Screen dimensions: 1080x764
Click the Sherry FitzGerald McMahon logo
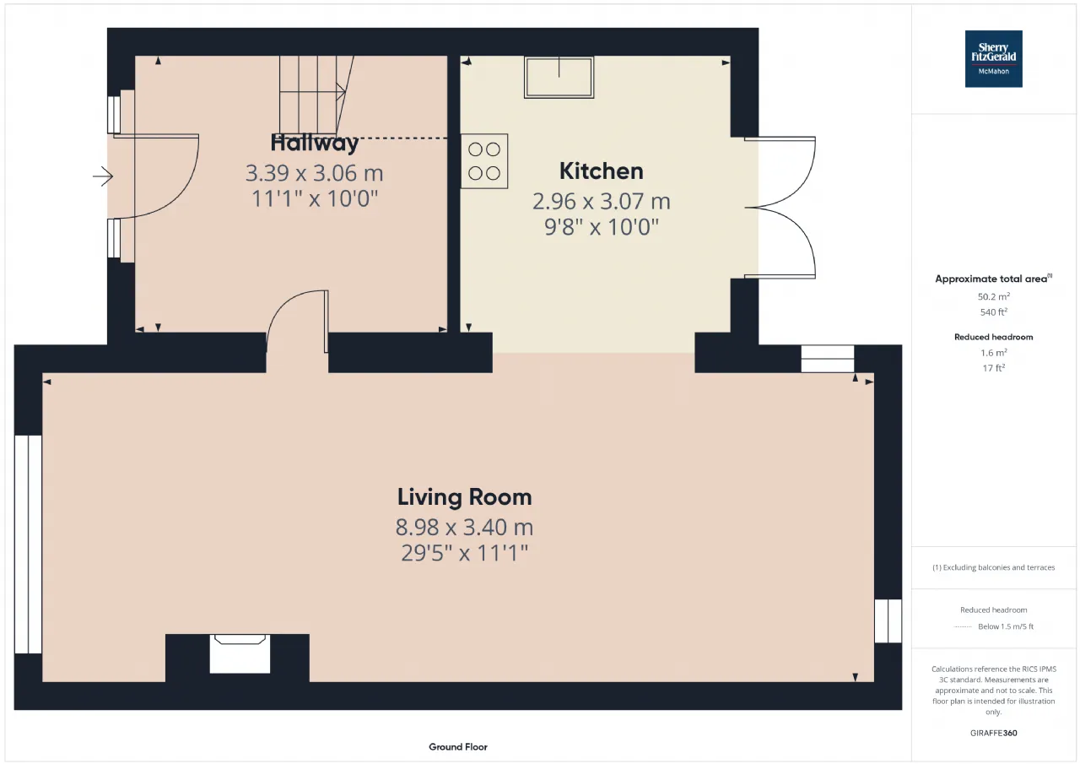[x=993, y=59]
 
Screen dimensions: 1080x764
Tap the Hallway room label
[x=315, y=143]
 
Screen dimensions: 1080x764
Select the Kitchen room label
[x=602, y=171]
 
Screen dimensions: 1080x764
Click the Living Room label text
[x=464, y=497]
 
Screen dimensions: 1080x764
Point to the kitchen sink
[x=559, y=77]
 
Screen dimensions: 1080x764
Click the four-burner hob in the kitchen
[x=484, y=161]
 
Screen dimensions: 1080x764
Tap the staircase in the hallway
[x=316, y=95]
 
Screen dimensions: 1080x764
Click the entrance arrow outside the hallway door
[x=103, y=176]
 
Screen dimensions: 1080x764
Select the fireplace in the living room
[x=240, y=653]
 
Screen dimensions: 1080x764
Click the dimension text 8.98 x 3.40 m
[x=464, y=527]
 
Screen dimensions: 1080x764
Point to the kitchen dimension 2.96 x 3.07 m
[x=602, y=201]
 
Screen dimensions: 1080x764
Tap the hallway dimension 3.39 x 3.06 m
[x=315, y=173]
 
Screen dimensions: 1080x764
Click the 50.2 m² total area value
[x=993, y=296]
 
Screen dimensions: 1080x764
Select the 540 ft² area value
[x=993, y=312]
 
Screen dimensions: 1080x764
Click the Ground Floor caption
[x=458, y=746]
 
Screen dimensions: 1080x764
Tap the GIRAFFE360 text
[x=993, y=733]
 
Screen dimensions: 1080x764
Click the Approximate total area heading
[x=993, y=279]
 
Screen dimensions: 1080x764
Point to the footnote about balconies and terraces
[x=993, y=567]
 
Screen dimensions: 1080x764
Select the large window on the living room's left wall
[x=28, y=545]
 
